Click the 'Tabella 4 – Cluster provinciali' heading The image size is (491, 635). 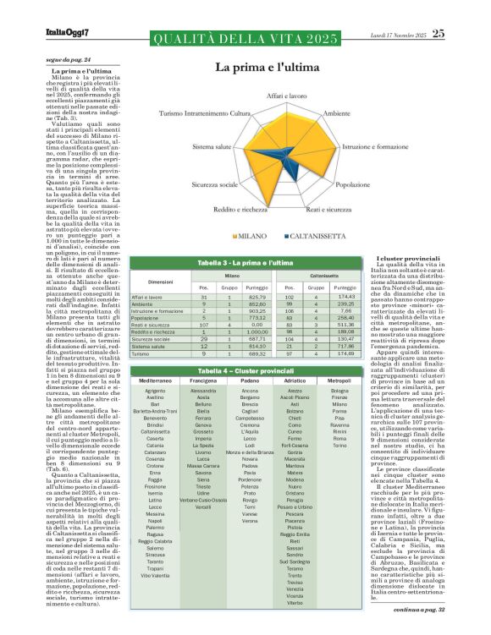pyautogui.click(x=245, y=372)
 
